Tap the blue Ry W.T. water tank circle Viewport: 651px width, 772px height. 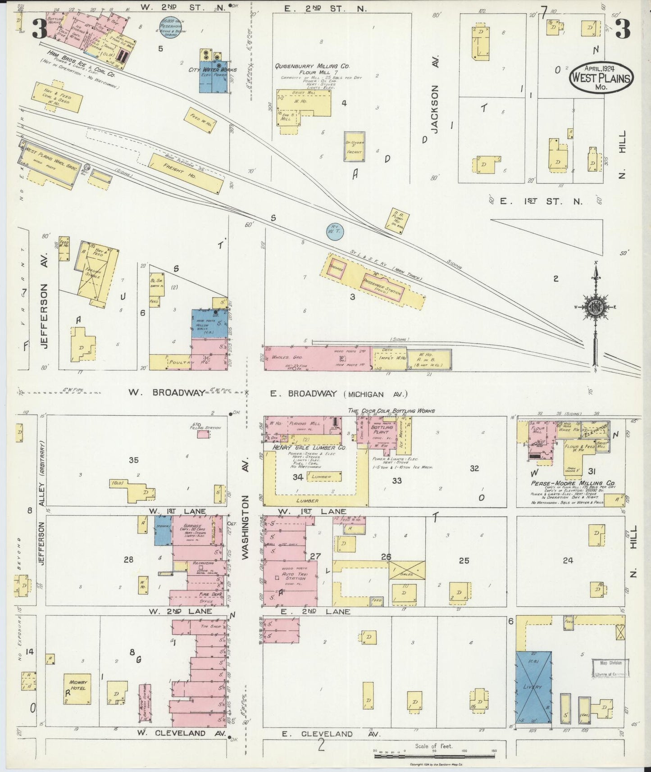[x=335, y=231]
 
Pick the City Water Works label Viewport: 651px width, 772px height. [x=214, y=70]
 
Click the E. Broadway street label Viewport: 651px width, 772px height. [x=303, y=394]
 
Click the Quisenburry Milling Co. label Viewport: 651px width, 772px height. [x=312, y=66]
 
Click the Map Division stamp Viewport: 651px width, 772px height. [x=610, y=668]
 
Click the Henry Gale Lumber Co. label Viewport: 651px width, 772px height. [x=309, y=448]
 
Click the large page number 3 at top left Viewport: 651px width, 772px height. [x=39, y=29]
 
